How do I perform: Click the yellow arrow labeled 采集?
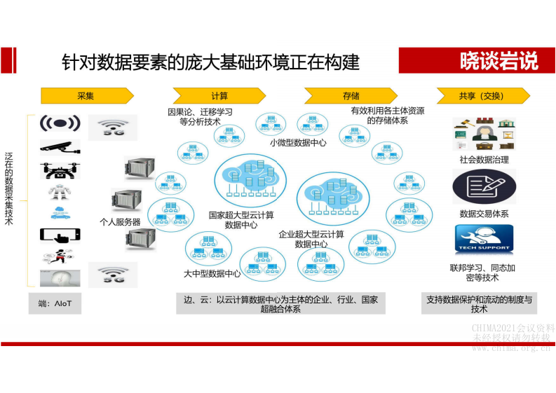(86, 96)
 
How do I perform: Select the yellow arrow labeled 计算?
(219, 96)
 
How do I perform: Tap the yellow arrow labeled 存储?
(351, 96)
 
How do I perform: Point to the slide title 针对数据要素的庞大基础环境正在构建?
(210, 62)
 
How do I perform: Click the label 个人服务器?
(120, 222)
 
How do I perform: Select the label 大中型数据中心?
(212, 273)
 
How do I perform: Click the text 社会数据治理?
(484, 160)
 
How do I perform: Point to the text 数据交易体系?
(484, 214)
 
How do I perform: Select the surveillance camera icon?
(60, 146)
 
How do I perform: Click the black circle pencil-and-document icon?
(484, 186)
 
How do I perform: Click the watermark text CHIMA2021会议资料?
(513, 328)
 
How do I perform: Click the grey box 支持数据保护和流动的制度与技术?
(479, 304)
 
